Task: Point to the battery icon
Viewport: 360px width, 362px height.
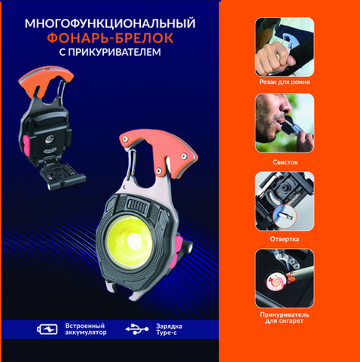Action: click(47, 329)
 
